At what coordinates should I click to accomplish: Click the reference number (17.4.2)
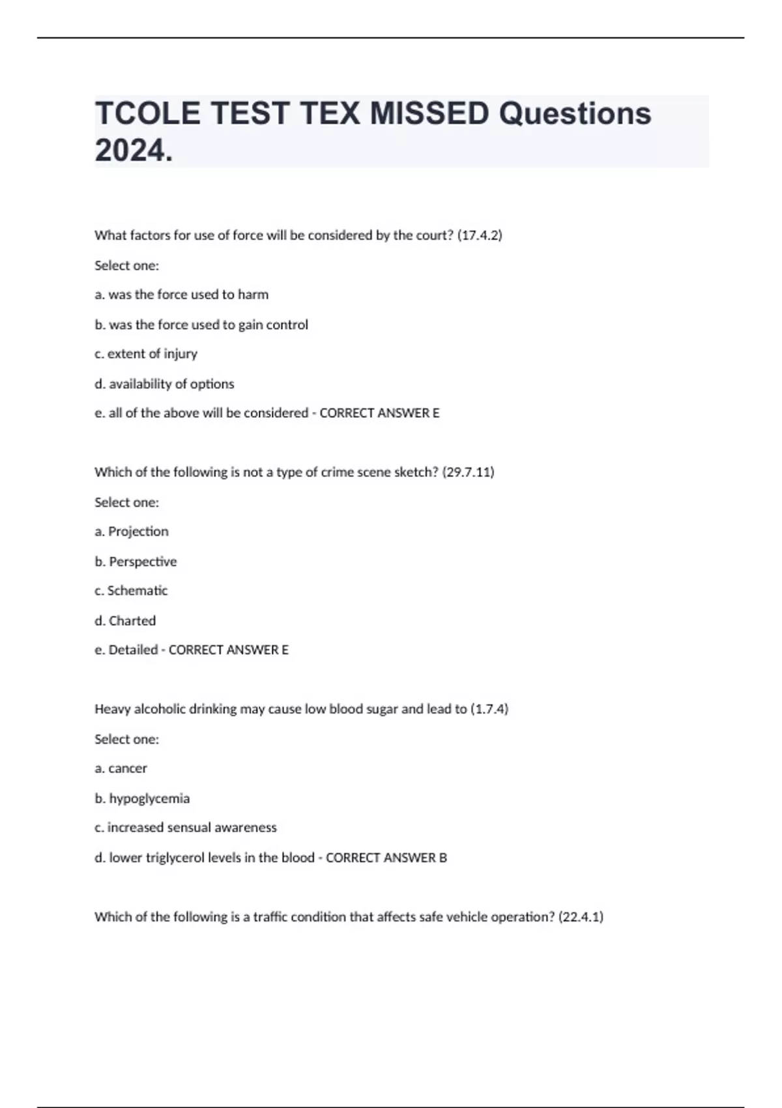pyautogui.click(x=480, y=235)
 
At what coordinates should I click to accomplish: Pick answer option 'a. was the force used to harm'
pyautogui.click(x=182, y=295)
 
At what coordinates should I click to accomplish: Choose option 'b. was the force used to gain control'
pyautogui.click(x=201, y=325)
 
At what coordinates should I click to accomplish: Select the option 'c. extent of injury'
pyautogui.click(x=146, y=354)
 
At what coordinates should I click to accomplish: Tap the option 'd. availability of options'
pyautogui.click(x=164, y=384)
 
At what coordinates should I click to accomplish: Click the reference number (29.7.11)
pyautogui.click(x=468, y=472)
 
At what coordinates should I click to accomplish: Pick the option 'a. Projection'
pyautogui.click(x=132, y=531)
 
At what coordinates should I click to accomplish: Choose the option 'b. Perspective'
pyautogui.click(x=136, y=561)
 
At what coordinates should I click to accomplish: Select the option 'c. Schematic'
pyautogui.click(x=131, y=590)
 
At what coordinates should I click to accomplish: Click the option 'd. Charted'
pyautogui.click(x=125, y=620)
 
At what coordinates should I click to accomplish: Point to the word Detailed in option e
pyautogui.click(x=133, y=650)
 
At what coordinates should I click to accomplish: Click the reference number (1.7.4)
pyautogui.click(x=489, y=709)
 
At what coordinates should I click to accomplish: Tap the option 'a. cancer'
pyautogui.click(x=121, y=768)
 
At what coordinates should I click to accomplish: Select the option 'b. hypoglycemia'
pyautogui.click(x=142, y=798)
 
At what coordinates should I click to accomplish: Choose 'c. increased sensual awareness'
pyautogui.click(x=186, y=828)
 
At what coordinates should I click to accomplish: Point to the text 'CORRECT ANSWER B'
pyautogui.click(x=386, y=858)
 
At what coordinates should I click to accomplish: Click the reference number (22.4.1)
pyautogui.click(x=581, y=917)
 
